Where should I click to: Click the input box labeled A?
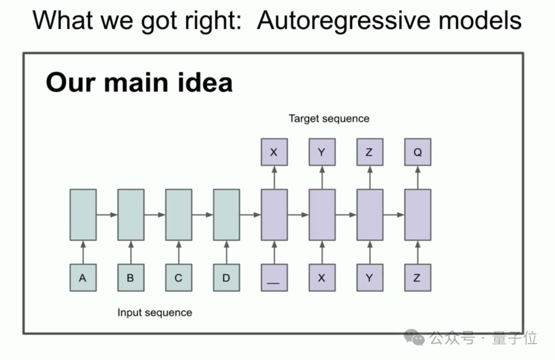coord(83,278)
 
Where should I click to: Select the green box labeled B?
coord(131,278)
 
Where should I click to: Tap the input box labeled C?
coord(178,278)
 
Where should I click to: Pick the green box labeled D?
coord(226,278)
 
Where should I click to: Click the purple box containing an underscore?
coord(274,278)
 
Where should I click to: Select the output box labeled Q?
coord(417,153)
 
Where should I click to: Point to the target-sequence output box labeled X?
coord(274,153)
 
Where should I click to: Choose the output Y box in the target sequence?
coord(322,153)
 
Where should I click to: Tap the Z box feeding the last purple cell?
coord(417,278)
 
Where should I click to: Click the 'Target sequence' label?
coord(329,119)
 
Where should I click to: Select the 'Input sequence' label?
coord(155,312)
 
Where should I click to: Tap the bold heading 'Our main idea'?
coord(139,82)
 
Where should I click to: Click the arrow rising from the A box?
coord(83,252)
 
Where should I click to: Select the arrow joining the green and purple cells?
coord(250,215)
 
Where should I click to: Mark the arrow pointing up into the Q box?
coord(417,177)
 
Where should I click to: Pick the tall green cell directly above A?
coord(83,215)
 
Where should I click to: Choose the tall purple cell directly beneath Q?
coord(417,215)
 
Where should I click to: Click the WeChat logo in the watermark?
coord(414,337)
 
